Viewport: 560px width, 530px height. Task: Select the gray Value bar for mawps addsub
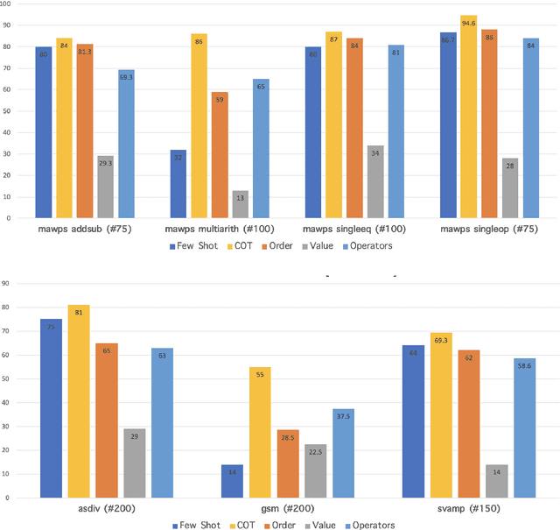tap(106, 187)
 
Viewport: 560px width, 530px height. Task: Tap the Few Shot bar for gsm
tap(232, 481)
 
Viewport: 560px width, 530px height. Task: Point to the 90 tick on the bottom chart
tap(8, 282)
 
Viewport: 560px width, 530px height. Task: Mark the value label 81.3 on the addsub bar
tap(85, 52)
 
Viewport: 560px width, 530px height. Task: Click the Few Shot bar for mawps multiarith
tap(178, 184)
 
